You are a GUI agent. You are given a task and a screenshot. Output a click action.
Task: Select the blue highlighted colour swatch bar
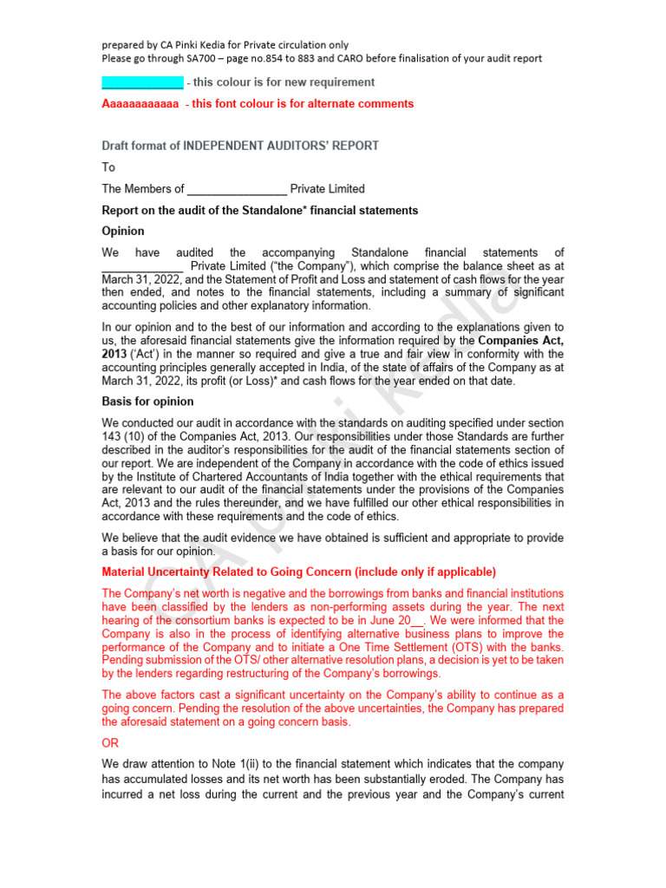tap(142, 82)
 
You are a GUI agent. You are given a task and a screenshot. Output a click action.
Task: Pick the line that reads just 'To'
tap(108, 167)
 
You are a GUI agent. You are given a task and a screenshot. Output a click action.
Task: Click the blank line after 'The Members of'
tap(237, 189)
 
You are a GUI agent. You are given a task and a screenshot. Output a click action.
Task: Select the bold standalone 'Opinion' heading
tap(123, 232)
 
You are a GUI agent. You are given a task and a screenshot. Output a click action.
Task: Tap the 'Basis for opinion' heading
tap(147, 402)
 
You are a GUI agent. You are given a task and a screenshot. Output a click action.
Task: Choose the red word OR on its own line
tap(110, 743)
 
